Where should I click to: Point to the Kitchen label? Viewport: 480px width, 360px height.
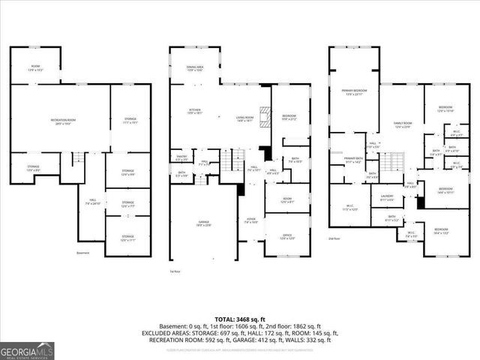(195, 111)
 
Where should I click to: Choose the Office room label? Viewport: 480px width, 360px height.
(287, 237)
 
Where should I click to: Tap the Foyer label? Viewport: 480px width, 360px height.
(250, 221)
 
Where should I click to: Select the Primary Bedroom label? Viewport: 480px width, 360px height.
(353, 91)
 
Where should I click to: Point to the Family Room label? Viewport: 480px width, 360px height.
(403, 124)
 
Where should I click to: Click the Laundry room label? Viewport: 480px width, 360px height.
(387, 198)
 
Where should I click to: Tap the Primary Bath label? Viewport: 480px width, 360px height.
(353, 160)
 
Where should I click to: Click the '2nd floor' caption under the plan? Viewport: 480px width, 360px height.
(335, 238)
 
